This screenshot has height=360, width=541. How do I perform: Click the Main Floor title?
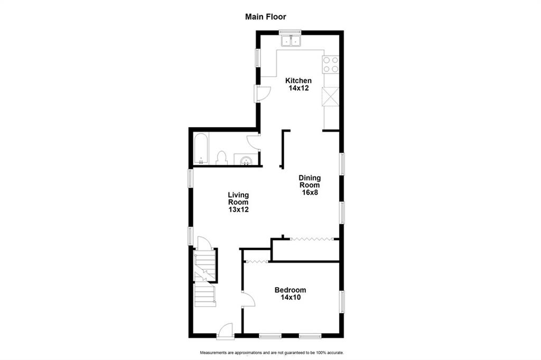pos(265,16)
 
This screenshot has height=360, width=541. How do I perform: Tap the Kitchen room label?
pos(299,81)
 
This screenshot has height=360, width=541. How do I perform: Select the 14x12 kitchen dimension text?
pos(299,88)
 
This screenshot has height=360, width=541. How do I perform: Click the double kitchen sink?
pos(291,41)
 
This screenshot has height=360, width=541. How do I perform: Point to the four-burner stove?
pos(331,64)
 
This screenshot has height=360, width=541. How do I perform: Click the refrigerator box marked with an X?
pos(331,97)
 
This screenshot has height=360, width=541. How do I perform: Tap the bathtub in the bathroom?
pos(201,149)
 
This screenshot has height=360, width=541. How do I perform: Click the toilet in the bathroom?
pos(221,158)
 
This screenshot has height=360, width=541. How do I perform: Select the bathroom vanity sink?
pos(246,159)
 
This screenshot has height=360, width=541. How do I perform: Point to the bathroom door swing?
pos(253,141)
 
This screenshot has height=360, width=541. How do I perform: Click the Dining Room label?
pos(310,182)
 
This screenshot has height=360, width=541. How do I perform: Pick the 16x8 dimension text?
pos(310,193)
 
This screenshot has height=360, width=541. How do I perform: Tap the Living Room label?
pos(238,198)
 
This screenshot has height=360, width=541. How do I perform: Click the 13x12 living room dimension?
pos(238,210)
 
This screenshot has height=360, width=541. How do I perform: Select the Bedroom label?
pos(290,290)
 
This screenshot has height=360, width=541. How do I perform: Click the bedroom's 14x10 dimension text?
pos(291,297)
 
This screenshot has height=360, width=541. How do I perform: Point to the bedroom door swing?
pos(248,299)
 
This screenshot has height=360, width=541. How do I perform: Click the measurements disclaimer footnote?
pos(272,353)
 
